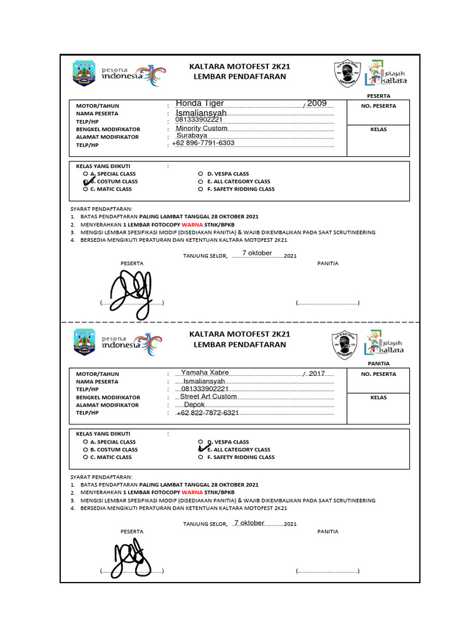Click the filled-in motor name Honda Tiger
200,103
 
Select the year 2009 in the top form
317,103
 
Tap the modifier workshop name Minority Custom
202,129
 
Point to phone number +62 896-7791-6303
203,143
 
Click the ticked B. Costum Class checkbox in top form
86,182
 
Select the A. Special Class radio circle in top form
85,174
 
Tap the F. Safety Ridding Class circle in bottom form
200,457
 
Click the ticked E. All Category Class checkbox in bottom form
201,450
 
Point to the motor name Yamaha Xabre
205,372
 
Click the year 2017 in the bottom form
317,373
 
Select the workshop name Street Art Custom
208,397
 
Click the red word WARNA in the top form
192,225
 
